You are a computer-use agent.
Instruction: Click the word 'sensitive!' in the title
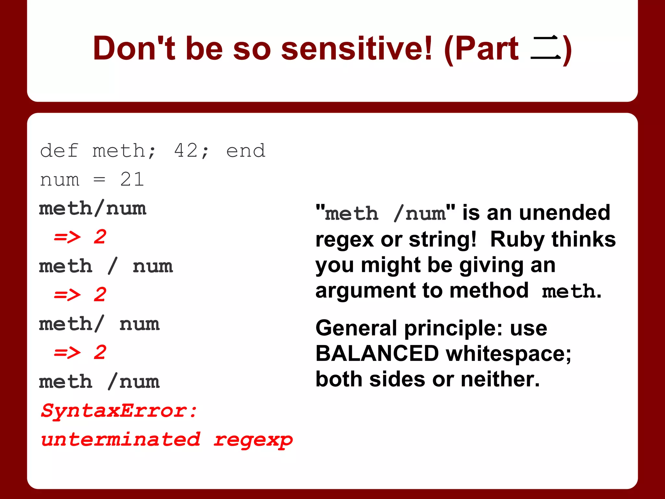[357, 49]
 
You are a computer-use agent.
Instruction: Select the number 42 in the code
[186, 150]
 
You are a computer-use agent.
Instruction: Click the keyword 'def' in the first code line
[59, 150]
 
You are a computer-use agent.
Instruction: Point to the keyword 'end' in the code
[246, 150]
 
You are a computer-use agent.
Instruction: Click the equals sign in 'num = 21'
[99, 179]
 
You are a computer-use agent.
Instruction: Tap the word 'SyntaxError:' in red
[119, 411]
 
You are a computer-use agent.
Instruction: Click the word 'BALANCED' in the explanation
[377, 353]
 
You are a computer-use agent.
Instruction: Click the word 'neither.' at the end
[500, 379]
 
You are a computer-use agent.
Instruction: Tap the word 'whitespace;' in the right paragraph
[508, 353]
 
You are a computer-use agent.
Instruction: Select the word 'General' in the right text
[356, 328]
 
